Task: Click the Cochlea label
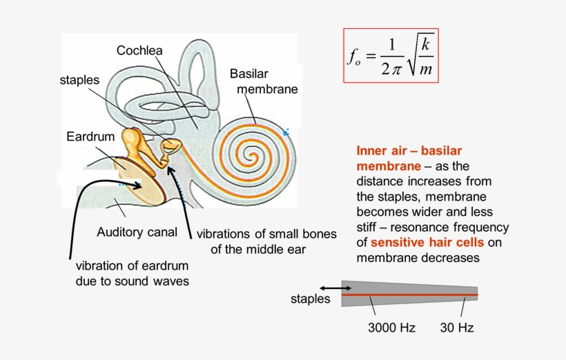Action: (x=139, y=50)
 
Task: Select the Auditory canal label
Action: (x=137, y=231)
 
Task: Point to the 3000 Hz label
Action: (x=391, y=328)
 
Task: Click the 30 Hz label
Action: (x=457, y=328)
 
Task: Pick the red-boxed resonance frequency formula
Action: (x=391, y=55)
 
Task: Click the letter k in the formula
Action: (x=426, y=44)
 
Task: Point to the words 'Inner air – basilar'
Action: (x=409, y=151)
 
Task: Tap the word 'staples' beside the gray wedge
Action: (x=311, y=299)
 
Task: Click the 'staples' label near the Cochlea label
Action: (x=79, y=80)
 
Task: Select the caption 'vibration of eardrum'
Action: (x=131, y=266)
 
